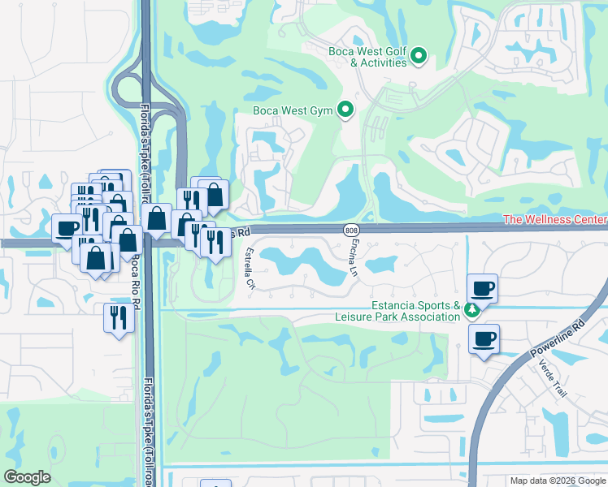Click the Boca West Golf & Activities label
coord(361,55)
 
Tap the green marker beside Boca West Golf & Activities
coord(419,55)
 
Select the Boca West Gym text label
coord(293,110)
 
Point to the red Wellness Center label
coord(555,220)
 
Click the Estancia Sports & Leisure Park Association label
coord(397,312)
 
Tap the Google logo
coord(28,477)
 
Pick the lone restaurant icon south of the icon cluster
coord(117,316)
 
